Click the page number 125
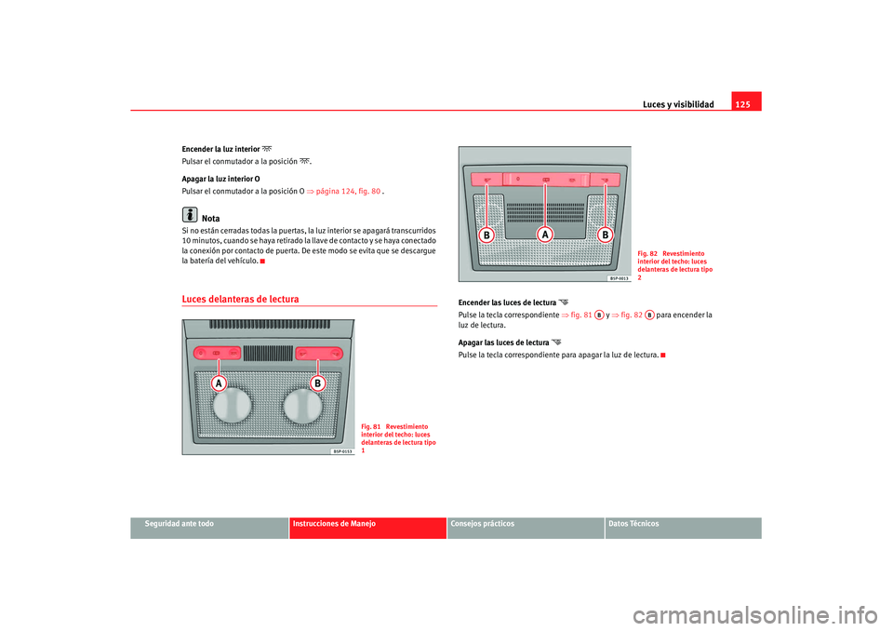[742, 104]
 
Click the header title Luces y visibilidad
[678, 104]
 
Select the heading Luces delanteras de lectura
[240, 299]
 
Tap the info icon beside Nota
[190, 214]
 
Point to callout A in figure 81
[218, 383]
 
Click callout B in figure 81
[318, 383]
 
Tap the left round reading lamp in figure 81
[232, 405]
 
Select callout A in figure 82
[545, 235]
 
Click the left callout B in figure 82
[486, 235]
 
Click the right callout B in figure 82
[605, 235]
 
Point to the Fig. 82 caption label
[647, 254]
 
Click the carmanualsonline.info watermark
[755, 616]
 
